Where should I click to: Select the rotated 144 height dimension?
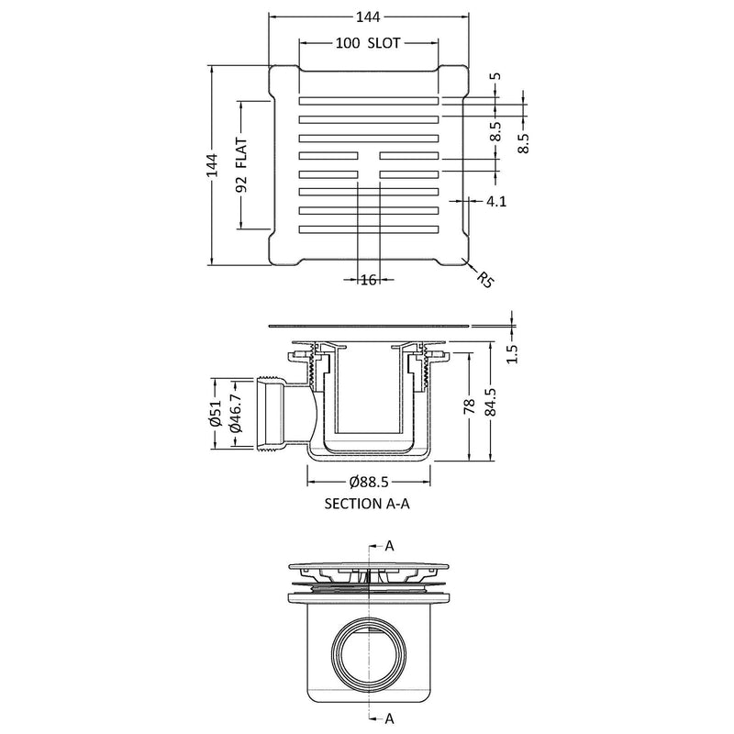click(212, 165)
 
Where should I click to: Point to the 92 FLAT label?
click(243, 165)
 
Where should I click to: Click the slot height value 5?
click(496, 77)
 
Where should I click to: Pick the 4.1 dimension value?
click(496, 201)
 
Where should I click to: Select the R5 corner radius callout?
click(484, 280)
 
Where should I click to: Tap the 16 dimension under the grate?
click(369, 280)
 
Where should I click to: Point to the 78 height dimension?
click(471, 407)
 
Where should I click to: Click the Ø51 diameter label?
click(214, 416)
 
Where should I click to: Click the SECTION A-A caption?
click(367, 504)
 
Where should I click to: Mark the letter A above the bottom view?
click(389, 545)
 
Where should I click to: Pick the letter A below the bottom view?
click(389, 717)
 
